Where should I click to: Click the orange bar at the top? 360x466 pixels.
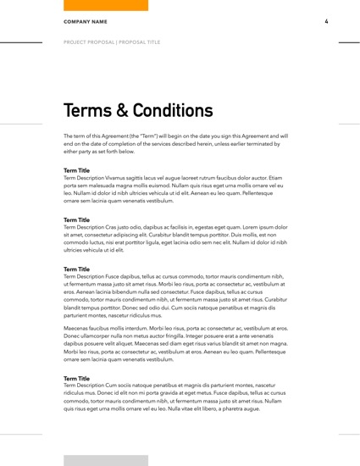point(106,5)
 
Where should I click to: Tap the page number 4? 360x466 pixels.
point(326,21)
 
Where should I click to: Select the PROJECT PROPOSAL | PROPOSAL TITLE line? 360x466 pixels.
point(113,41)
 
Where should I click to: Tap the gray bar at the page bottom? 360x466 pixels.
point(106,460)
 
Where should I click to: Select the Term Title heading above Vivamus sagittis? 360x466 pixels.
point(77,171)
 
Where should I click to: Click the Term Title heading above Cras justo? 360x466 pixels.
point(77,220)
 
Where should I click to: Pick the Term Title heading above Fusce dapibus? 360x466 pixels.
point(77,269)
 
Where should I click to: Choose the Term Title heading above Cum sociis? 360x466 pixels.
point(77,379)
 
